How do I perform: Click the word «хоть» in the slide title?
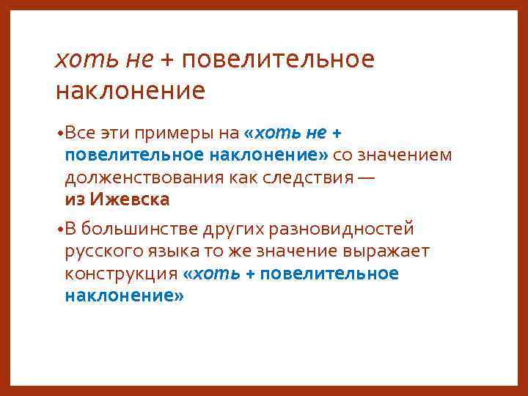[87, 59]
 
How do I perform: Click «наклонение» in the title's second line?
[131, 92]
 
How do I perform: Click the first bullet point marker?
[59, 134]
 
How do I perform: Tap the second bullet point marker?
[59, 230]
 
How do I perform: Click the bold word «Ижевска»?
[130, 199]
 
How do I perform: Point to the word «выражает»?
[384, 252]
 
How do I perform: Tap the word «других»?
[239, 230]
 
